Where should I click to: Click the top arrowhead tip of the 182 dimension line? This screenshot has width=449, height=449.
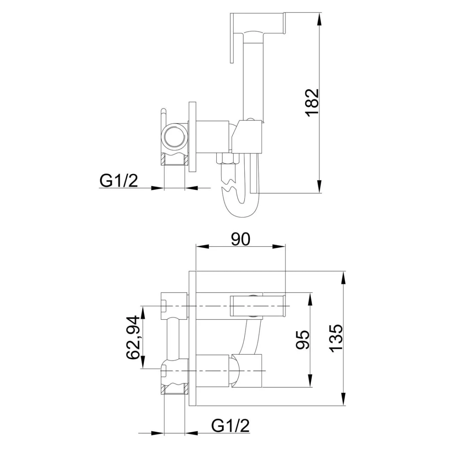[x=320, y=12]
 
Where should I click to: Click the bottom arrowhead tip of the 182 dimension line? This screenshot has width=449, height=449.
[x=320, y=193]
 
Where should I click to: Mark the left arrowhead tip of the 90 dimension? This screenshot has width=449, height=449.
[x=196, y=246]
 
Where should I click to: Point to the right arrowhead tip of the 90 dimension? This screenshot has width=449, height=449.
[x=285, y=246]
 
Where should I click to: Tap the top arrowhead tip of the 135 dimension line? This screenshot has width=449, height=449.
[x=344, y=271]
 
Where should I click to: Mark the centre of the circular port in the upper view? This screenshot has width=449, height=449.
[x=175, y=136]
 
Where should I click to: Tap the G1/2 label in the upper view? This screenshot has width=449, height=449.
[x=119, y=181]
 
